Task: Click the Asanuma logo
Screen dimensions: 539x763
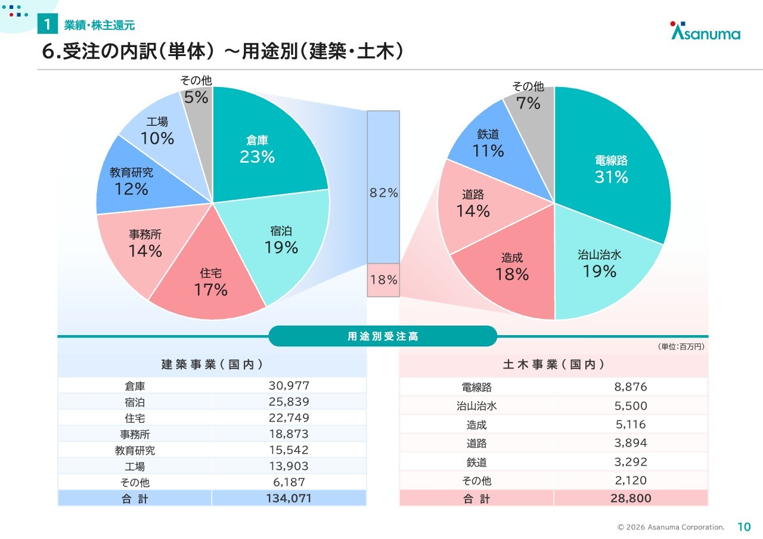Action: point(706,32)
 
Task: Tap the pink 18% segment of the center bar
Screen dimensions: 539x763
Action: point(383,280)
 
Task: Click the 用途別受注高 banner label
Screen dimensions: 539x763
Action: point(383,336)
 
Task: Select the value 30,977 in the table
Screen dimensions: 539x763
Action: point(289,386)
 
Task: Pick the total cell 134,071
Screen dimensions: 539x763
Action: point(289,498)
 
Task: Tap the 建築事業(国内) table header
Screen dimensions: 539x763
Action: point(212,364)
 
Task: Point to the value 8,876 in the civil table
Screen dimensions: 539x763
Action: point(631,387)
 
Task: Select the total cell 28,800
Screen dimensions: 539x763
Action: point(631,498)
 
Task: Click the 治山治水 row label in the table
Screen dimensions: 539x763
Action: point(476,406)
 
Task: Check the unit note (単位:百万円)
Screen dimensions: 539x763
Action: point(681,346)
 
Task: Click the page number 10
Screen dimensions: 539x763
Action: point(744,526)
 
